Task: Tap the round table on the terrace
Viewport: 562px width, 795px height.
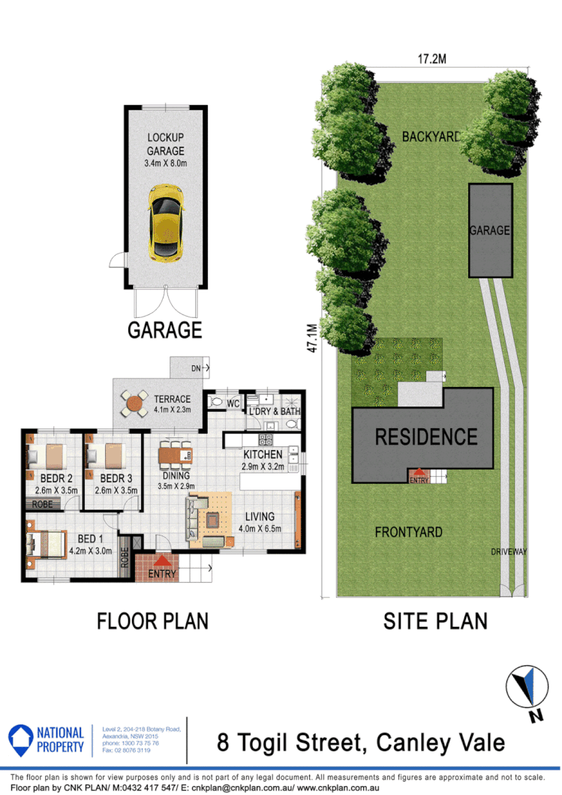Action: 134,403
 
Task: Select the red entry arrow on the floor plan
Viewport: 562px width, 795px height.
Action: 162,559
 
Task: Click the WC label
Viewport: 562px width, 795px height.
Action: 233,403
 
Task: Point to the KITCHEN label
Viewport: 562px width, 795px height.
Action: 263,454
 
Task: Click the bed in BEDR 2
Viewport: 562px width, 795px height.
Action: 47,457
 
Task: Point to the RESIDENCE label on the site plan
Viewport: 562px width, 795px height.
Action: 426,436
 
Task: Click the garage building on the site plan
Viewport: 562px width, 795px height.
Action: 489,229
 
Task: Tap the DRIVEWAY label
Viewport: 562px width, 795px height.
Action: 509,552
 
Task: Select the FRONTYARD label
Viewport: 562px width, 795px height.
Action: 408,532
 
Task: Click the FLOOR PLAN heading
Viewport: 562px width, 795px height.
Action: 152,621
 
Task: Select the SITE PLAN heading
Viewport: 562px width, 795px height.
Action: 435,621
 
